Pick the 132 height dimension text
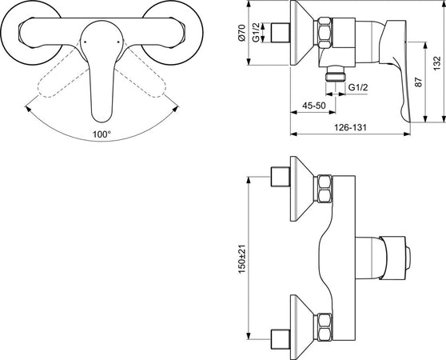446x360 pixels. [x=437, y=61]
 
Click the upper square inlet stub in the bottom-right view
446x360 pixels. [x=281, y=177]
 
